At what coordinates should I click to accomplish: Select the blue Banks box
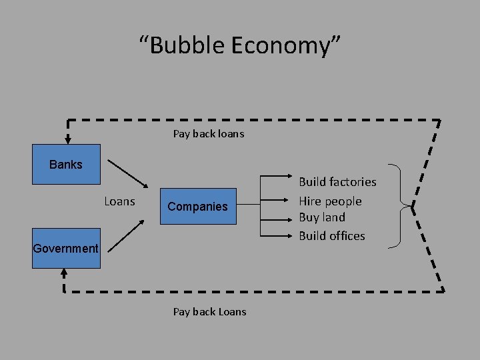click(x=66, y=164)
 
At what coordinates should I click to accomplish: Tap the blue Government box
click(x=66, y=248)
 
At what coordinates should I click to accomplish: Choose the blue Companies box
click(x=197, y=206)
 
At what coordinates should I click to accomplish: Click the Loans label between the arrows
click(x=120, y=201)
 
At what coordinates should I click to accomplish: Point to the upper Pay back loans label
click(x=209, y=133)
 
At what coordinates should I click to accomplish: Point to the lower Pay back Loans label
click(x=209, y=311)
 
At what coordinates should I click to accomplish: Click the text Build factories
click(x=337, y=182)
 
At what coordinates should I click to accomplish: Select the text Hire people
click(x=330, y=201)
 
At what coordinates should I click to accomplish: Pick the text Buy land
click(x=322, y=217)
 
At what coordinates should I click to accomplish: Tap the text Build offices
click(x=332, y=235)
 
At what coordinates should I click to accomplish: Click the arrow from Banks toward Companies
click(x=129, y=173)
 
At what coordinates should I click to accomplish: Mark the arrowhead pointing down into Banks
click(x=67, y=139)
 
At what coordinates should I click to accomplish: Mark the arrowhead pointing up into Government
click(x=64, y=273)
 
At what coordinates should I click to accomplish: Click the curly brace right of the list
click(x=399, y=206)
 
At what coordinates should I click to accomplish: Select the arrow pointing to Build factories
click(x=276, y=177)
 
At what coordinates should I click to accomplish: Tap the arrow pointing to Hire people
click(x=276, y=200)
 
